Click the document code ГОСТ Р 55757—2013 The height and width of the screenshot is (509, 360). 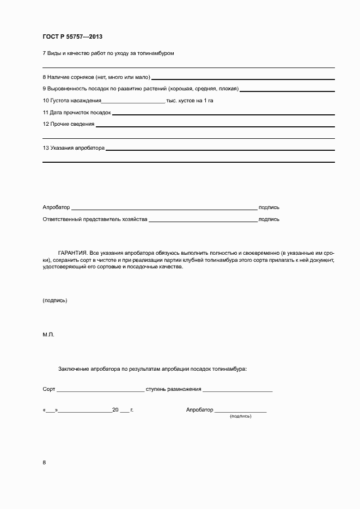(x=72, y=36)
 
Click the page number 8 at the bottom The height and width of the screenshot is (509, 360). (x=44, y=462)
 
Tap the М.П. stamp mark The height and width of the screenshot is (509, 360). (x=48, y=335)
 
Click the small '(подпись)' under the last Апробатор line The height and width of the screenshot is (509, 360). (x=240, y=416)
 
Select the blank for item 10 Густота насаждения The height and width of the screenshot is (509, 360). (x=133, y=102)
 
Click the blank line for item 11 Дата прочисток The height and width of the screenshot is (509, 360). (x=223, y=114)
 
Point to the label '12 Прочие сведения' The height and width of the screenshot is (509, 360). (x=69, y=124)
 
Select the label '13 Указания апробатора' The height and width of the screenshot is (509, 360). (x=73, y=148)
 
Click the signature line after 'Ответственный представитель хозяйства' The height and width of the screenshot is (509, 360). (x=203, y=221)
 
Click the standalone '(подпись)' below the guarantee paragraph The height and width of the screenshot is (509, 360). (x=54, y=301)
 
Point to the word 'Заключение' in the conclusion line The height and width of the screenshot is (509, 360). (x=74, y=369)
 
